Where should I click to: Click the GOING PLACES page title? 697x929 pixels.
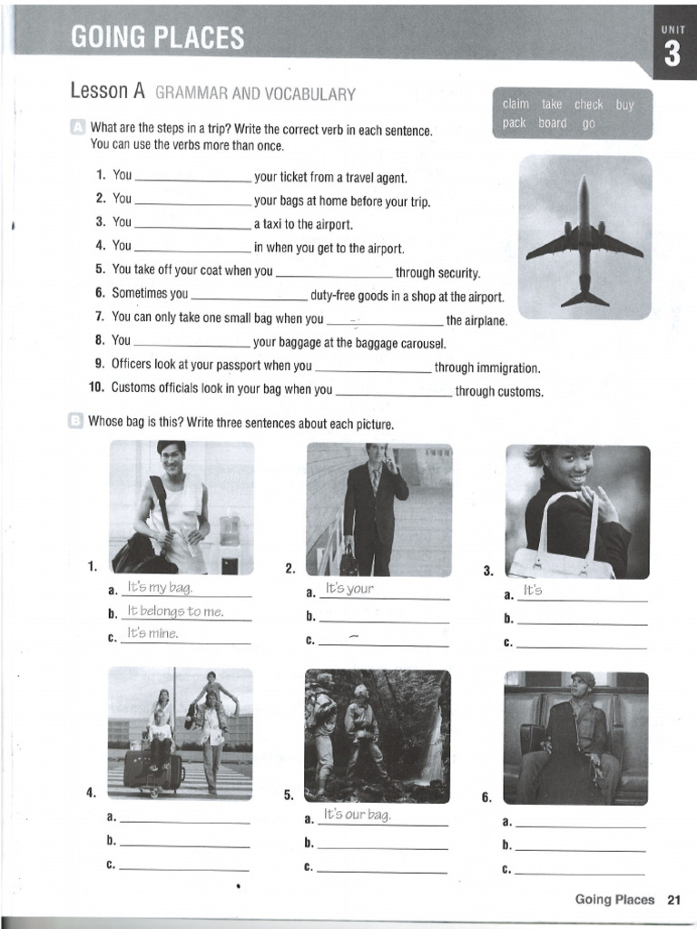point(157,37)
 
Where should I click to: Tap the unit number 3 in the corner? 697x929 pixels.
point(672,55)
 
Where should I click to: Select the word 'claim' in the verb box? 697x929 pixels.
point(515,104)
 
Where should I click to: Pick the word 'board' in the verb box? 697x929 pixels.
point(552,123)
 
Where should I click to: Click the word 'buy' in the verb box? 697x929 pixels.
point(624,104)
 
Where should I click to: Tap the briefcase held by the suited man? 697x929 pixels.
point(348,562)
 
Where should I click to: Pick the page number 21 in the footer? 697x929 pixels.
point(673,900)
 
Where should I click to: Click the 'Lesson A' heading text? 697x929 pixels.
point(107,92)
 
